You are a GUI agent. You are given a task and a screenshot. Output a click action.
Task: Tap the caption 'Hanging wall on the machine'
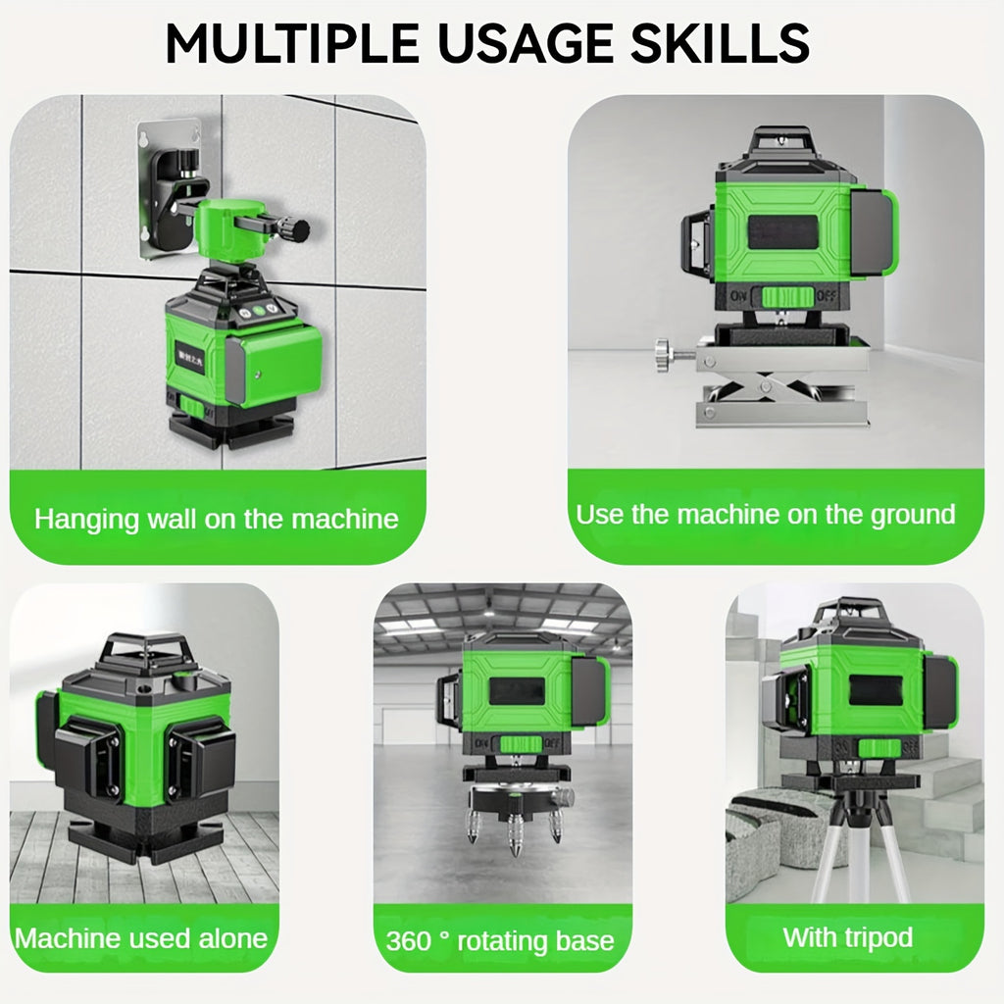click(217, 518)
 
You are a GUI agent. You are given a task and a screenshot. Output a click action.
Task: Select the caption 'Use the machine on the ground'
click(765, 514)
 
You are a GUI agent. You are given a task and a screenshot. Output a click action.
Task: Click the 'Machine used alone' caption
click(141, 937)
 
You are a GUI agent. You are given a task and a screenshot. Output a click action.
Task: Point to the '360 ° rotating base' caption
click(500, 941)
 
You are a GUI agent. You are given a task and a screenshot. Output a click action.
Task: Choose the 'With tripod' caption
click(847, 936)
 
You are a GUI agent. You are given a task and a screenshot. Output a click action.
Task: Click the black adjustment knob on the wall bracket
click(293, 231)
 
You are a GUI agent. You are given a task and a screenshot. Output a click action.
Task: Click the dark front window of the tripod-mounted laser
click(876, 690)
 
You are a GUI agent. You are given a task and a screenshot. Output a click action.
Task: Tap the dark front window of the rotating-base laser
click(517, 690)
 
